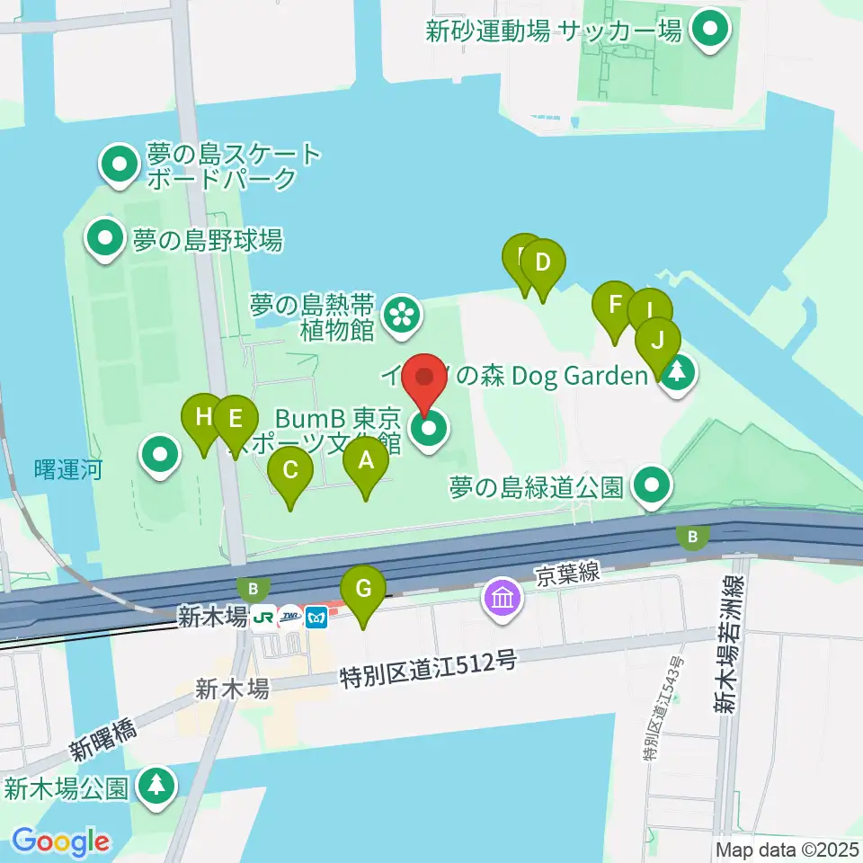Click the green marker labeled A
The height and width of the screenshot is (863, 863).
pyautogui.click(x=366, y=463)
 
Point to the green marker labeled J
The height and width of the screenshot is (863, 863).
pyautogui.click(x=658, y=343)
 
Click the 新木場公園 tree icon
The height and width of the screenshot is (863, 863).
pyautogui.click(x=157, y=786)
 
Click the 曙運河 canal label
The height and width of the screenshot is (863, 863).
pyautogui.click(x=67, y=469)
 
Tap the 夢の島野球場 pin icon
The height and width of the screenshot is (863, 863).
pyautogui.click(x=106, y=239)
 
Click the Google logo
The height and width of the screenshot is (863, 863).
pyautogui.click(x=61, y=842)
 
